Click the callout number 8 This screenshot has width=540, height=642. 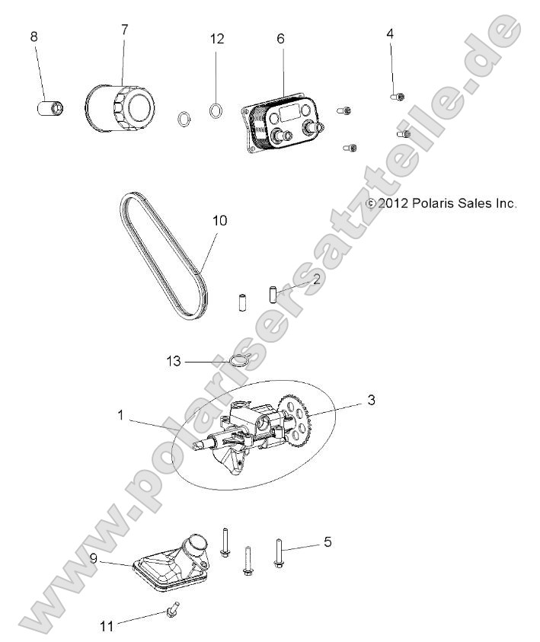pyautogui.click(x=34, y=37)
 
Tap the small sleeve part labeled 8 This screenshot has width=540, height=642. pyautogui.click(x=50, y=105)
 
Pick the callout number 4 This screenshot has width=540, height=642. pyautogui.click(x=390, y=34)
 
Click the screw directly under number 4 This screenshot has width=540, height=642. pyautogui.click(x=397, y=97)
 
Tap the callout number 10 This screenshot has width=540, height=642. pyautogui.click(x=219, y=221)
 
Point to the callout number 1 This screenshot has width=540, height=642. pyautogui.click(x=120, y=414)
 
